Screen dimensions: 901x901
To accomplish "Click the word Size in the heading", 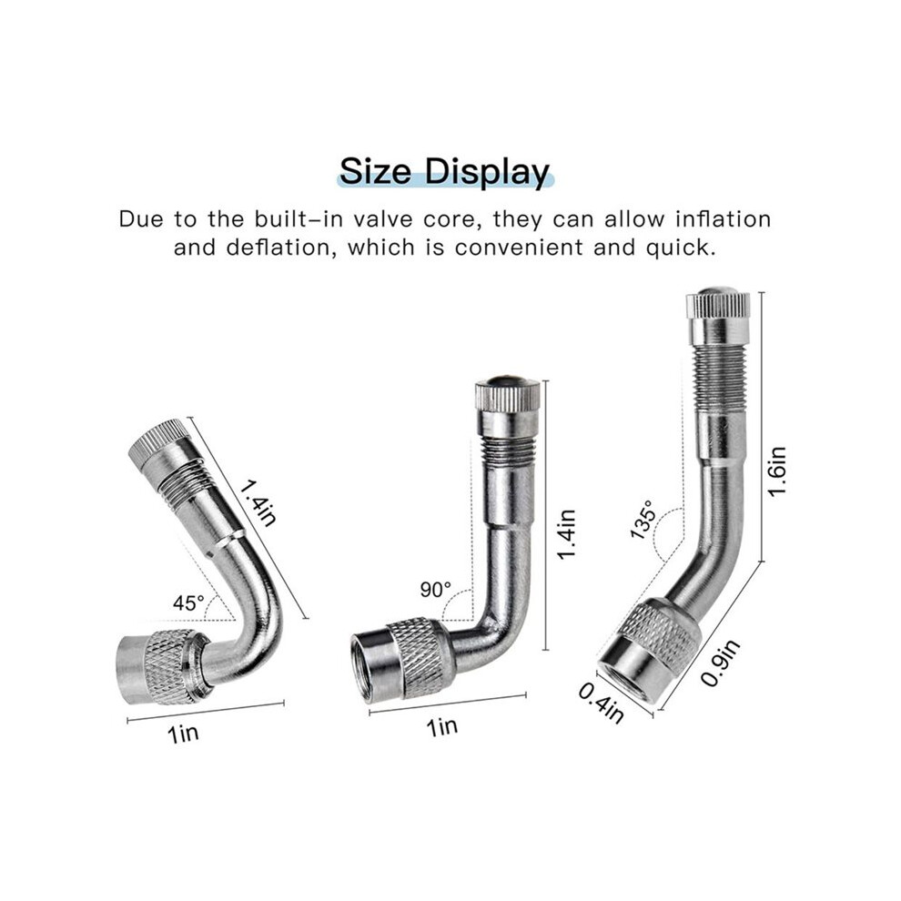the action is click(376, 171).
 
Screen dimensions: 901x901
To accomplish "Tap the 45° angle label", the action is click(189, 602).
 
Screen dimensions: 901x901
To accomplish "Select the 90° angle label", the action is click(436, 590).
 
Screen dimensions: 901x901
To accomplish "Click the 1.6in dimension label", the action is click(777, 471).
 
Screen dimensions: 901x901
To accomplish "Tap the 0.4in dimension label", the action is click(601, 703).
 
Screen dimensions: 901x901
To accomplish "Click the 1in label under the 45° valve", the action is click(183, 734).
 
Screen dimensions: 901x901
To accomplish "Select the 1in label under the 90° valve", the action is click(442, 727).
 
